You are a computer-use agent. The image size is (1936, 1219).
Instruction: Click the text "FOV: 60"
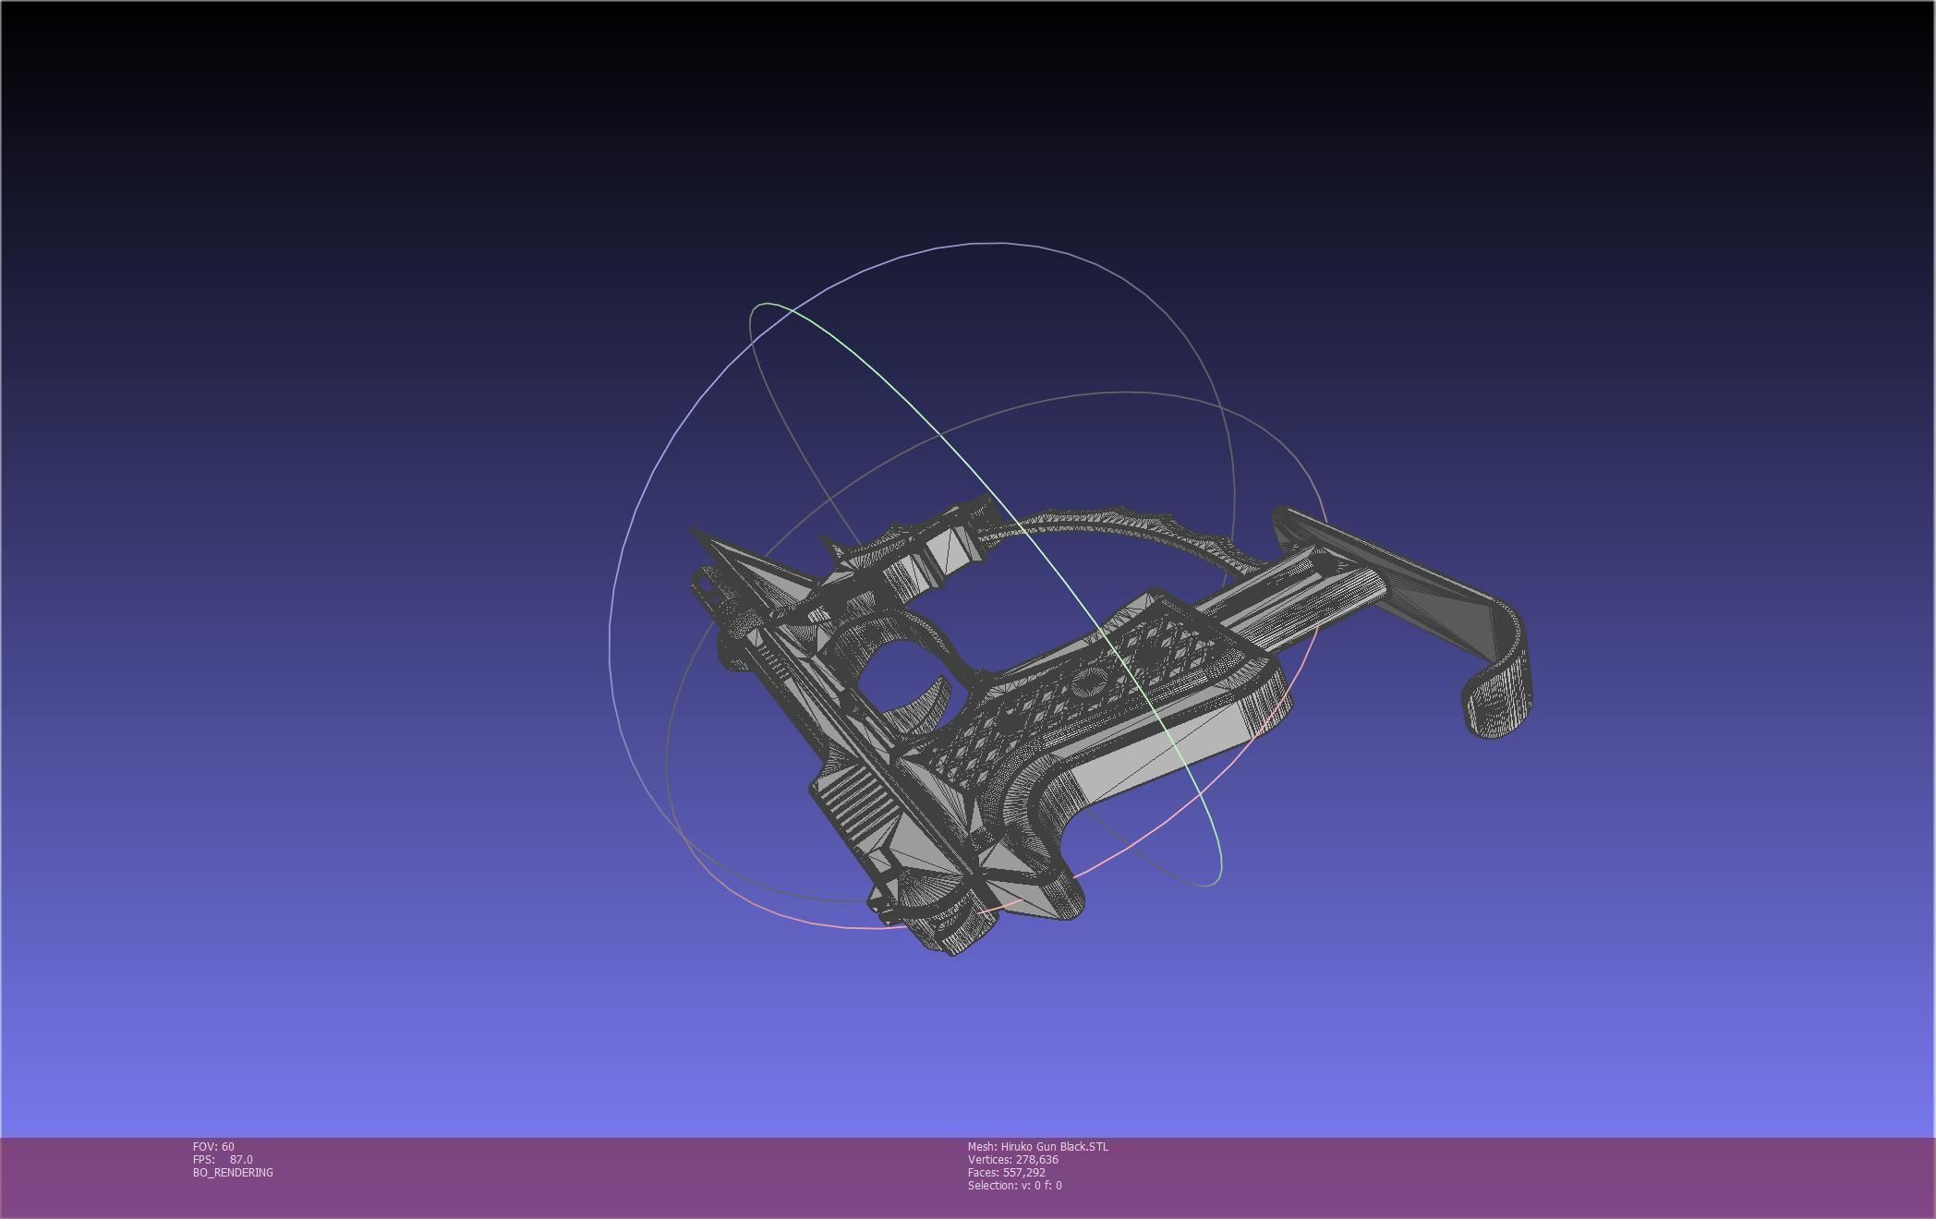[213, 1146]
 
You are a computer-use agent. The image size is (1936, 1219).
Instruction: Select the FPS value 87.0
[241, 1159]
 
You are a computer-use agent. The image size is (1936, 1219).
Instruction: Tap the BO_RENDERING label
[233, 1172]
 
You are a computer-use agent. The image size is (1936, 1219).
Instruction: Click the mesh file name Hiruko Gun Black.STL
[1054, 1146]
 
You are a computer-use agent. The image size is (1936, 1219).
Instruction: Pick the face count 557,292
[1023, 1172]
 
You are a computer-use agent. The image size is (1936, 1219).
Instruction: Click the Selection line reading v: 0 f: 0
[1014, 1185]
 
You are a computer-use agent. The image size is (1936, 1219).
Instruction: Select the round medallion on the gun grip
[1090, 684]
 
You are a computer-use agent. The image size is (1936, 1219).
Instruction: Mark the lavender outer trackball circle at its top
[998, 243]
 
